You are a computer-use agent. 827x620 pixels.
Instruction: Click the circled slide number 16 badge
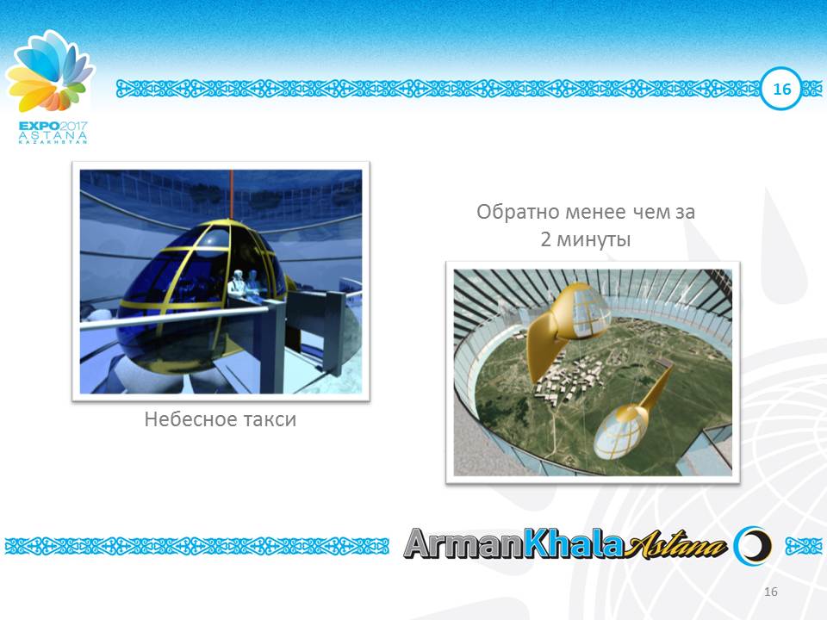coord(781,90)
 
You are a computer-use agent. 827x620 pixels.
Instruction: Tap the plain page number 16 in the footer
coord(770,592)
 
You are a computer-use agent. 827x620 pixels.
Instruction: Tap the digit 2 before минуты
coord(546,240)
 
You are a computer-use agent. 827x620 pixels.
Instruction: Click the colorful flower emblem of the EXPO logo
coord(49,73)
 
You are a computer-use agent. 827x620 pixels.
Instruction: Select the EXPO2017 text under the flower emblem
coord(53,126)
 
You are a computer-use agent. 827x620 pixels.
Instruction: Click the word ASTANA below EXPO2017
coord(53,135)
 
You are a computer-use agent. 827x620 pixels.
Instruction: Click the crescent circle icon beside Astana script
coord(750,545)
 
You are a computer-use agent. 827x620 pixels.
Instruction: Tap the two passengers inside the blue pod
coord(245,284)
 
